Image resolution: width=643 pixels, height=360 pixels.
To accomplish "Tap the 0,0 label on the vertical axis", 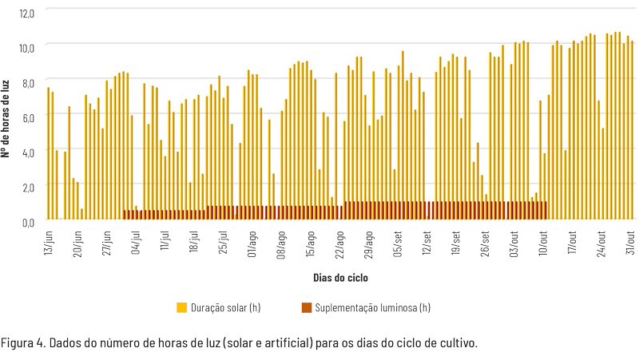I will click(x=28, y=220).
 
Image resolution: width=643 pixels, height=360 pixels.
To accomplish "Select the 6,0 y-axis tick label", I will click(x=28, y=117).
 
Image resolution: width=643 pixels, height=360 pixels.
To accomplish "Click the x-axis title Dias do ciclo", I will click(x=340, y=278).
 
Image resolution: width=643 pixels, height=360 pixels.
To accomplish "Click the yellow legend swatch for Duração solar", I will click(x=182, y=307).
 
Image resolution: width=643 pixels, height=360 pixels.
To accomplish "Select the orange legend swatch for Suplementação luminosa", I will click(x=306, y=307).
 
